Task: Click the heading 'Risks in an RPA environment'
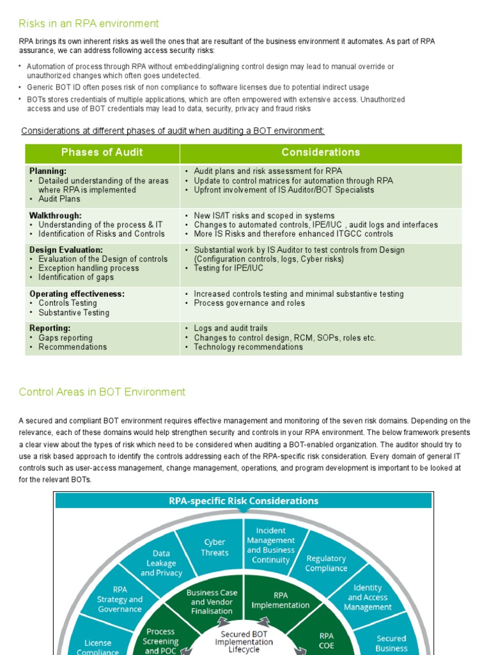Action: pyautogui.click(x=89, y=24)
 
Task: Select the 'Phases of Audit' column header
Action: pyautogui.click(x=102, y=152)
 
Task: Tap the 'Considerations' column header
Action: pyautogui.click(x=320, y=152)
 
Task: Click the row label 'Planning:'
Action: pyautogui.click(x=48, y=171)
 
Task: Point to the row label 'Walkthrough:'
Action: pyautogui.click(x=56, y=216)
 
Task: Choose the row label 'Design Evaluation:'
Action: pyautogui.click(x=66, y=249)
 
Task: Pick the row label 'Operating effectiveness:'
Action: pyautogui.click(x=77, y=294)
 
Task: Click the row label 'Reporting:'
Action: pyautogui.click(x=50, y=328)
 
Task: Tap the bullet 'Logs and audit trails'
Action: pyautogui.click(x=231, y=328)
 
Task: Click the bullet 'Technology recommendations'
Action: pyautogui.click(x=248, y=347)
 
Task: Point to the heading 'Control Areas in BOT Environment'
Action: pyautogui.click(x=102, y=392)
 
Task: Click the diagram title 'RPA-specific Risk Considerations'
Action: pyautogui.click(x=244, y=501)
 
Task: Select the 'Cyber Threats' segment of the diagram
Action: pyautogui.click(x=214, y=548)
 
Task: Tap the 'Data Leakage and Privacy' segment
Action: pyautogui.click(x=161, y=563)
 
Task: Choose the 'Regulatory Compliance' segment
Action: pyautogui.click(x=326, y=563)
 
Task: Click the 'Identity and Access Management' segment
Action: pyautogui.click(x=368, y=597)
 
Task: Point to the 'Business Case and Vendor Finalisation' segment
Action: pyautogui.click(x=212, y=601)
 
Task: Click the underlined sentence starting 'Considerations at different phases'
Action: pyautogui.click(x=173, y=130)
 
